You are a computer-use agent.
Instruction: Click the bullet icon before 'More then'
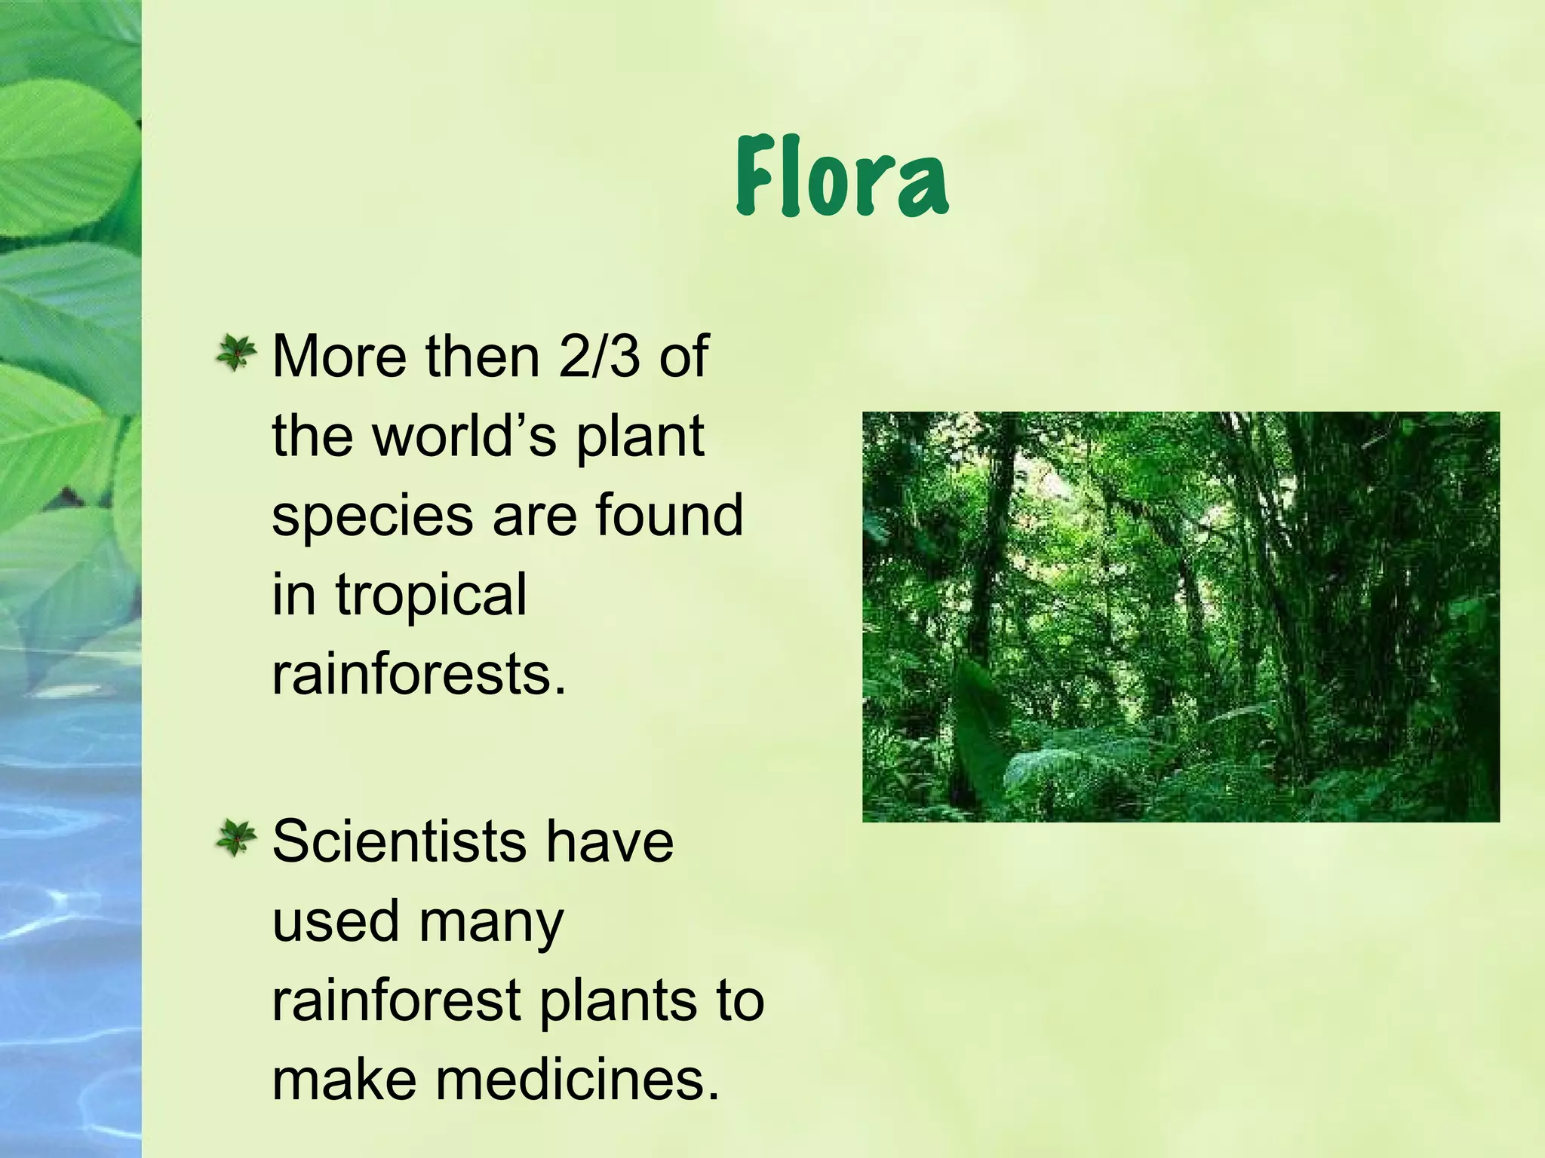click(x=236, y=354)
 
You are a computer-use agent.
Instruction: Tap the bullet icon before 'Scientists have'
click(x=236, y=839)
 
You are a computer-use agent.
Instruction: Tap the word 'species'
click(x=372, y=517)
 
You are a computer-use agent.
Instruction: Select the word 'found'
click(x=669, y=516)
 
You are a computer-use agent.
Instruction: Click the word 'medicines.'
click(x=578, y=1080)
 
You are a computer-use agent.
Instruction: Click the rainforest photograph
click(x=1181, y=616)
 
